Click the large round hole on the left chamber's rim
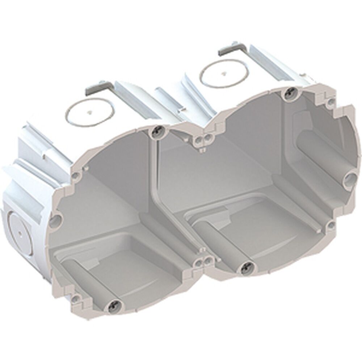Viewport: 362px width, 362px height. [56, 219]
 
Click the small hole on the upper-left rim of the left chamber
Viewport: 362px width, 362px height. [76, 175]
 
